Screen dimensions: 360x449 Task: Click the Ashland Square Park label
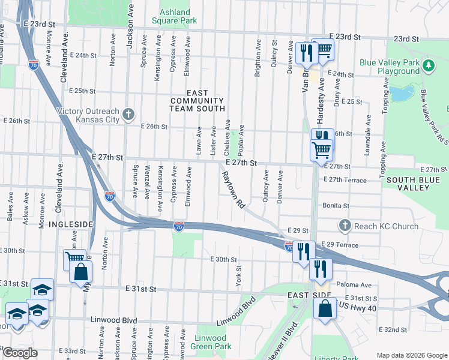point(179,16)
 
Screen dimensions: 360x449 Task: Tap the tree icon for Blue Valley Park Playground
point(429,65)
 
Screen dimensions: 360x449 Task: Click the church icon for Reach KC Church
point(345,226)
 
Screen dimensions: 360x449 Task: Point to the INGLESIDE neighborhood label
point(71,224)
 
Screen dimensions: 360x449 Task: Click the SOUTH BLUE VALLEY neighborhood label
point(417,184)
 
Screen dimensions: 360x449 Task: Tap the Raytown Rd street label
point(233,190)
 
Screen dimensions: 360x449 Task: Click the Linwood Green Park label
point(211,343)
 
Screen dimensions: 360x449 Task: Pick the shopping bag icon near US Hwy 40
point(325,309)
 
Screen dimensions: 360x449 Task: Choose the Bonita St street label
point(336,206)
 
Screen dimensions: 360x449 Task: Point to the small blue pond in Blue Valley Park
point(401,94)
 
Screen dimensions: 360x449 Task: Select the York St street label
point(238,276)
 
